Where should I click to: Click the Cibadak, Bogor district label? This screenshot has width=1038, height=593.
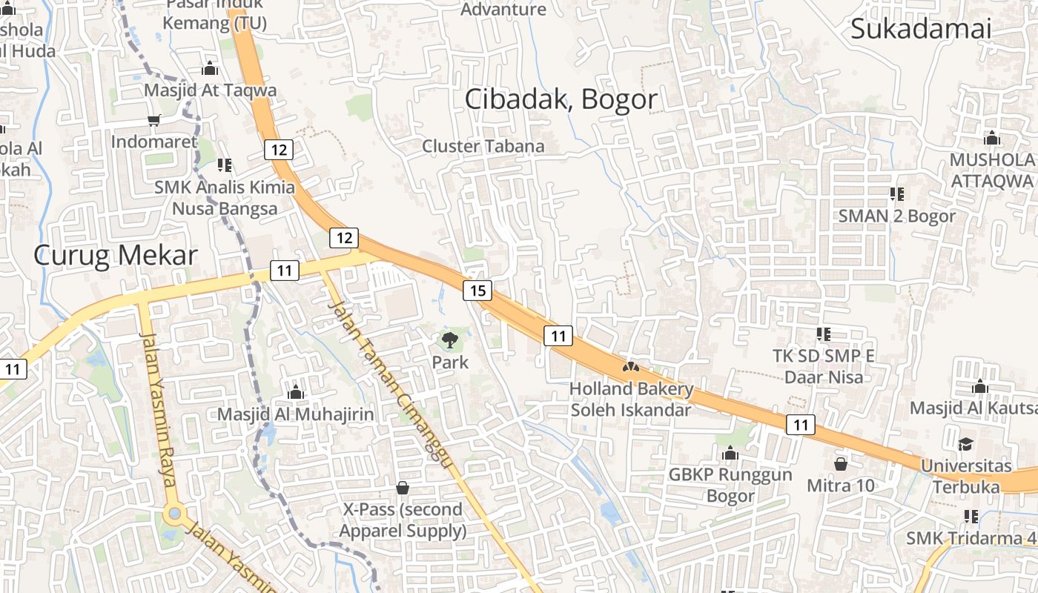point(561,99)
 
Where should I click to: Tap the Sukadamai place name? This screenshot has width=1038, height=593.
point(920,29)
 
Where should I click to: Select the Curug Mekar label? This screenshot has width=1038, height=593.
point(116,256)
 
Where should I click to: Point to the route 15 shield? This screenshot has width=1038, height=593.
point(477,291)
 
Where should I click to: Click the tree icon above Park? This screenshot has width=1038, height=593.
point(450,341)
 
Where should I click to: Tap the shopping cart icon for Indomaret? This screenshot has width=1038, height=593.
point(154,120)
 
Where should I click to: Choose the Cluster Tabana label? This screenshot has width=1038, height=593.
point(483,146)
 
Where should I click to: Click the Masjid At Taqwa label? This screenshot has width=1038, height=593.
point(211,90)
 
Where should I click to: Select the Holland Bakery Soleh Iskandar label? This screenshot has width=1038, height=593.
point(631,399)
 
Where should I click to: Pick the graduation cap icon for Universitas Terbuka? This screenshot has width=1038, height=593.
point(965,444)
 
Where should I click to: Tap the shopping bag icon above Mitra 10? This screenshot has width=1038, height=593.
point(841,464)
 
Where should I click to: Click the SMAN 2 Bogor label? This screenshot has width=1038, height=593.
point(897,216)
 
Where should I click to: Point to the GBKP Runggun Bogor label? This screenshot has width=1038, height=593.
point(730,485)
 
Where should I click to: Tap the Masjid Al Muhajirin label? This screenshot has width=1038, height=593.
point(296,414)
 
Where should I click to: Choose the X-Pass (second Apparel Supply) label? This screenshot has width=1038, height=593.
point(403,520)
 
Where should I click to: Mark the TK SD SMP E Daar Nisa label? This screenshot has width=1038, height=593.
point(823,366)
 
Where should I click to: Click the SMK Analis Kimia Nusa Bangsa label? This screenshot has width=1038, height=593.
point(225,198)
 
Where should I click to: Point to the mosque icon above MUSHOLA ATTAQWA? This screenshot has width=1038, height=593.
point(992,138)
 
